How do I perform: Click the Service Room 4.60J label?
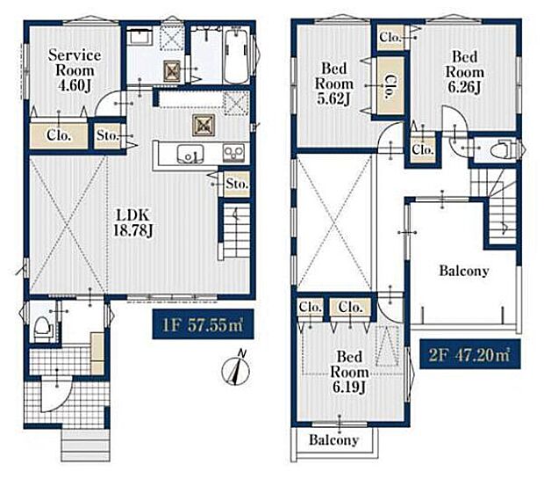[x=75, y=70]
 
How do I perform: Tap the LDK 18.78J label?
[x=133, y=223]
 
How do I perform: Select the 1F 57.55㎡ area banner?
[x=203, y=324]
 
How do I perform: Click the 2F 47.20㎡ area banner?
[x=469, y=354]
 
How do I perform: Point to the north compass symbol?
[x=236, y=369]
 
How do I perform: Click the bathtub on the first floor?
[x=236, y=55]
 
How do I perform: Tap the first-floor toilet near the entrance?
[x=43, y=329]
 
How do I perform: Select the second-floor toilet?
[x=503, y=149]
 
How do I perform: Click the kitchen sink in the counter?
[x=190, y=153]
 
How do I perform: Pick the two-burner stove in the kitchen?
[x=233, y=153]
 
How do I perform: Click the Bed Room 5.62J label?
[x=333, y=83]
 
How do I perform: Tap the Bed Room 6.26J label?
[x=464, y=71]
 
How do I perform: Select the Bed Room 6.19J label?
[x=349, y=372]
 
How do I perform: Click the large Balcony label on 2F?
[x=464, y=271]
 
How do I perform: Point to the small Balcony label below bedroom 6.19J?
[x=333, y=439]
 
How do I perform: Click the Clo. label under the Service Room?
[x=59, y=134]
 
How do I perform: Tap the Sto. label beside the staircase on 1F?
[x=237, y=184]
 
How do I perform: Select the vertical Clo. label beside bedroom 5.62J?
[x=390, y=86]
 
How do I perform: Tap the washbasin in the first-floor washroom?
[x=139, y=37]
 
